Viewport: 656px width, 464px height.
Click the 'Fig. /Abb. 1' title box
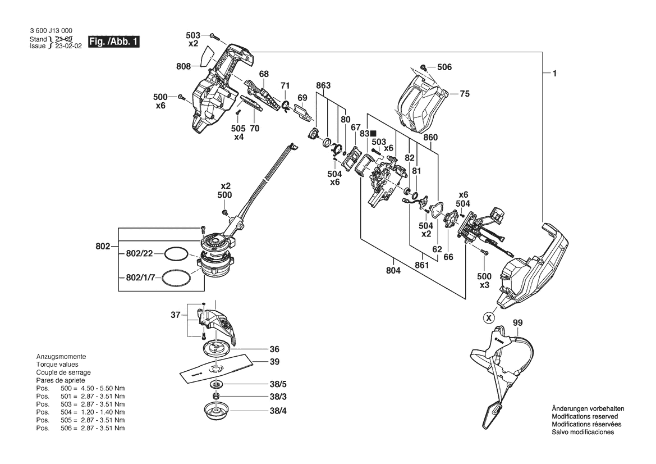[114, 42]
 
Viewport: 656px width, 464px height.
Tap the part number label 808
[184, 66]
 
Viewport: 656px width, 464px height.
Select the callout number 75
[465, 94]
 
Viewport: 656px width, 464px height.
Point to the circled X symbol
[488, 318]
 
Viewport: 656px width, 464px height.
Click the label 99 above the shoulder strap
[517, 323]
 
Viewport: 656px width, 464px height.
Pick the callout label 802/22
[139, 253]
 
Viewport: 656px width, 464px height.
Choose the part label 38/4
[278, 411]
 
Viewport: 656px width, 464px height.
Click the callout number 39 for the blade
[274, 361]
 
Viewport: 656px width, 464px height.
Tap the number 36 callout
[274, 349]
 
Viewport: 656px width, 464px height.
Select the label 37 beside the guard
[175, 315]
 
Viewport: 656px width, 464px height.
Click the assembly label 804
[393, 271]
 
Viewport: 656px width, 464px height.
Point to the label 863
[323, 85]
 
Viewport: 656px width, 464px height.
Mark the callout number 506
[444, 67]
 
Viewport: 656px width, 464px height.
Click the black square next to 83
[373, 133]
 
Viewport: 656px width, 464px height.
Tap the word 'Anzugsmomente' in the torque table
[61, 356]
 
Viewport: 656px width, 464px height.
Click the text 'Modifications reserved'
[585, 416]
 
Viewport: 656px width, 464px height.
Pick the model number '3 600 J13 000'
[51, 30]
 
